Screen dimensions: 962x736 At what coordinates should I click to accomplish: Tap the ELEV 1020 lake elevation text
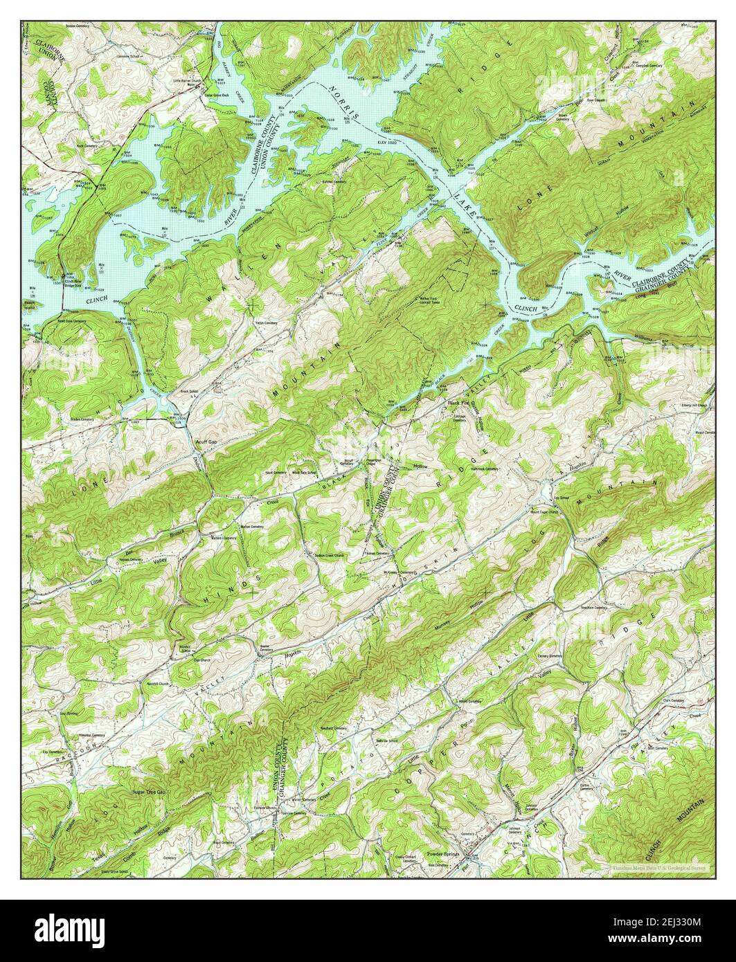tap(391, 137)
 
